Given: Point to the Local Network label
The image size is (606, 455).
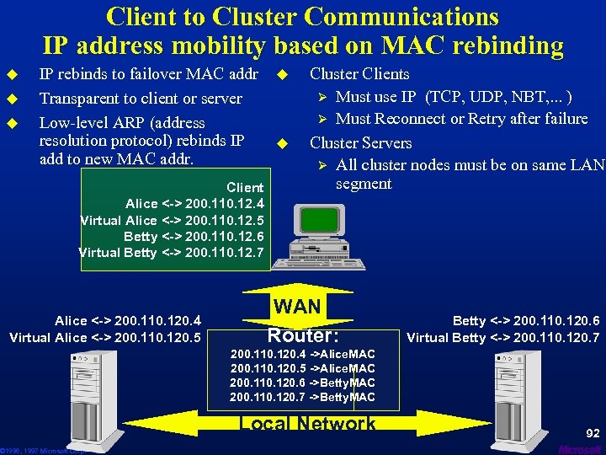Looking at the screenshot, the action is (x=308, y=424).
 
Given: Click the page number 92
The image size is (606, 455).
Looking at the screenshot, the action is (x=593, y=433).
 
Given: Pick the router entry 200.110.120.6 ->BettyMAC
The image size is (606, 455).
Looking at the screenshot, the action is (x=302, y=383).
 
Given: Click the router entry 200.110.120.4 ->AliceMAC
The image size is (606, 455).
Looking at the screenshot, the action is (x=302, y=354).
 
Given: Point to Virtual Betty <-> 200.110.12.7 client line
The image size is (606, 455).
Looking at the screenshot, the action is (x=171, y=253).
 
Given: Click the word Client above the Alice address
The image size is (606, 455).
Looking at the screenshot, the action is (x=245, y=187).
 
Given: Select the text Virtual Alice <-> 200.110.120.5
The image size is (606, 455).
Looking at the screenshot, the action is (x=104, y=337).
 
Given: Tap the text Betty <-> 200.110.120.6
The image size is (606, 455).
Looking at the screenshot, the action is (x=526, y=320).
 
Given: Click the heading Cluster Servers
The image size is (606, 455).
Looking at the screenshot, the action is (x=360, y=143).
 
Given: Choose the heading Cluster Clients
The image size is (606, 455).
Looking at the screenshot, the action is (x=359, y=74).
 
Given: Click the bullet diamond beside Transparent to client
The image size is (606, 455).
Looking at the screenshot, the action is (x=13, y=99).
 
